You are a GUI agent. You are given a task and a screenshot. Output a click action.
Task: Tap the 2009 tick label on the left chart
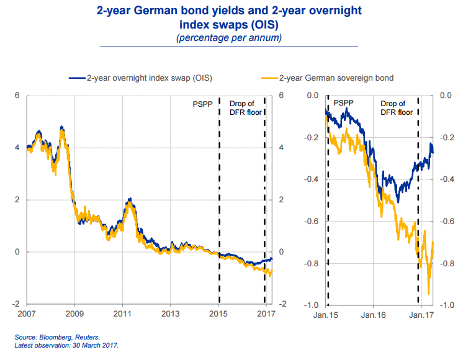74,313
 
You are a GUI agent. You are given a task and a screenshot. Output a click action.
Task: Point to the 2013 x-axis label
170,313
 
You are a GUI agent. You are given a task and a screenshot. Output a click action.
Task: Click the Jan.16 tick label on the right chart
373,313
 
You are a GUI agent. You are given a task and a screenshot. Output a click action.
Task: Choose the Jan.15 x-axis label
326,313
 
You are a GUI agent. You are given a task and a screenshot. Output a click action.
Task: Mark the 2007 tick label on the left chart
27,313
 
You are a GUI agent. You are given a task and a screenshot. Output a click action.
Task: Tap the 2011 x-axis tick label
122,313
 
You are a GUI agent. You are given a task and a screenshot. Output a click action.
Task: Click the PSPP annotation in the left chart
202,104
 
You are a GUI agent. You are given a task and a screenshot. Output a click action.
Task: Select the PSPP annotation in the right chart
343,103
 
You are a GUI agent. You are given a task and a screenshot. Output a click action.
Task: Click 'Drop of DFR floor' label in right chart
396,108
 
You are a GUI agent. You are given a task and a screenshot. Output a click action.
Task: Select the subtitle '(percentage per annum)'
230,38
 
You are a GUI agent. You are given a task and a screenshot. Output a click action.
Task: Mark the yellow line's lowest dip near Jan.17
428,294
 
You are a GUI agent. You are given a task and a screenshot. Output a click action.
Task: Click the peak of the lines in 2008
61,127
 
